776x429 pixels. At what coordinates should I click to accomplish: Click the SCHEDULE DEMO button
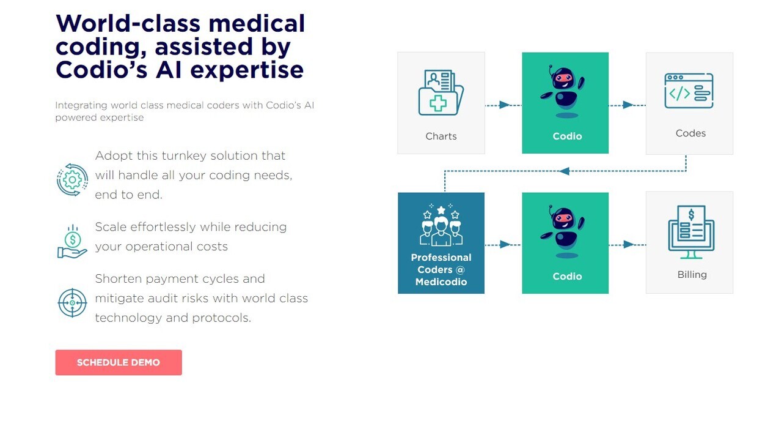[x=118, y=362]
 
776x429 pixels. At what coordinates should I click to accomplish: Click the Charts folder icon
[x=441, y=93]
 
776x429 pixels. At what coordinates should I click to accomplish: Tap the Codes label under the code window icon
[x=690, y=133]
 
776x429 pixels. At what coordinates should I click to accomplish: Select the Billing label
[x=692, y=275]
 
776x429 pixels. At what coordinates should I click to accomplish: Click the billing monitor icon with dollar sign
[x=691, y=232]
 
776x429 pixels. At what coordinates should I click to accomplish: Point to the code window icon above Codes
[x=689, y=91]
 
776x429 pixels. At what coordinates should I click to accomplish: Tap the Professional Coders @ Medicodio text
[x=441, y=270]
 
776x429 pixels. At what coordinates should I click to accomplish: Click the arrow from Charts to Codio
[x=503, y=105]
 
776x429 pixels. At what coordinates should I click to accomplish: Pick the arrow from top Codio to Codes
[x=628, y=105]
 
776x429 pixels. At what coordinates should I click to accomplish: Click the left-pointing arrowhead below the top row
[x=565, y=171]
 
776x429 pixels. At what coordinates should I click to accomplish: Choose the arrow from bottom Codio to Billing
[x=628, y=245]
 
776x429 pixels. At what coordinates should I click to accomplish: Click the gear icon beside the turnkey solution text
[x=72, y=179]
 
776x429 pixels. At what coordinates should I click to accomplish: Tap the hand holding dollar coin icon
[x=72, y=242]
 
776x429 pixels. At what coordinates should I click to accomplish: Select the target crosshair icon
[x=72, y=303]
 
